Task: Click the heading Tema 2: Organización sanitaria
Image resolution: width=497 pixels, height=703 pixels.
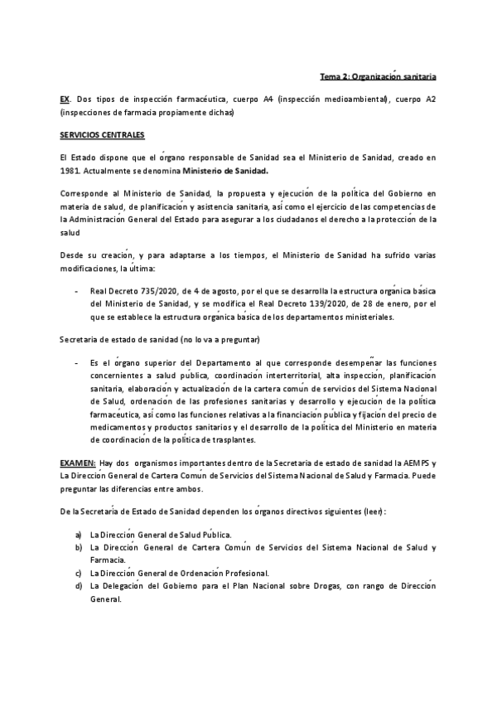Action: [379, 77]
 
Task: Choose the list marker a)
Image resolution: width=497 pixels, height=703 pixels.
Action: [78, 536]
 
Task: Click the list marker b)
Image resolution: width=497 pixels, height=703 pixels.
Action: [78, 548]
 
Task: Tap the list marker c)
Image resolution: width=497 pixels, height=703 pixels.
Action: [78, 573]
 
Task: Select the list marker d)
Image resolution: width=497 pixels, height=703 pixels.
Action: [78, 585]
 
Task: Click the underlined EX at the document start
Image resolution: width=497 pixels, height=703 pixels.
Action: [65, 99]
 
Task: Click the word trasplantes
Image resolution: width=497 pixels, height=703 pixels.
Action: [232, 439]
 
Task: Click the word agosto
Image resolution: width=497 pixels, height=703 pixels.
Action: [208, 293]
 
